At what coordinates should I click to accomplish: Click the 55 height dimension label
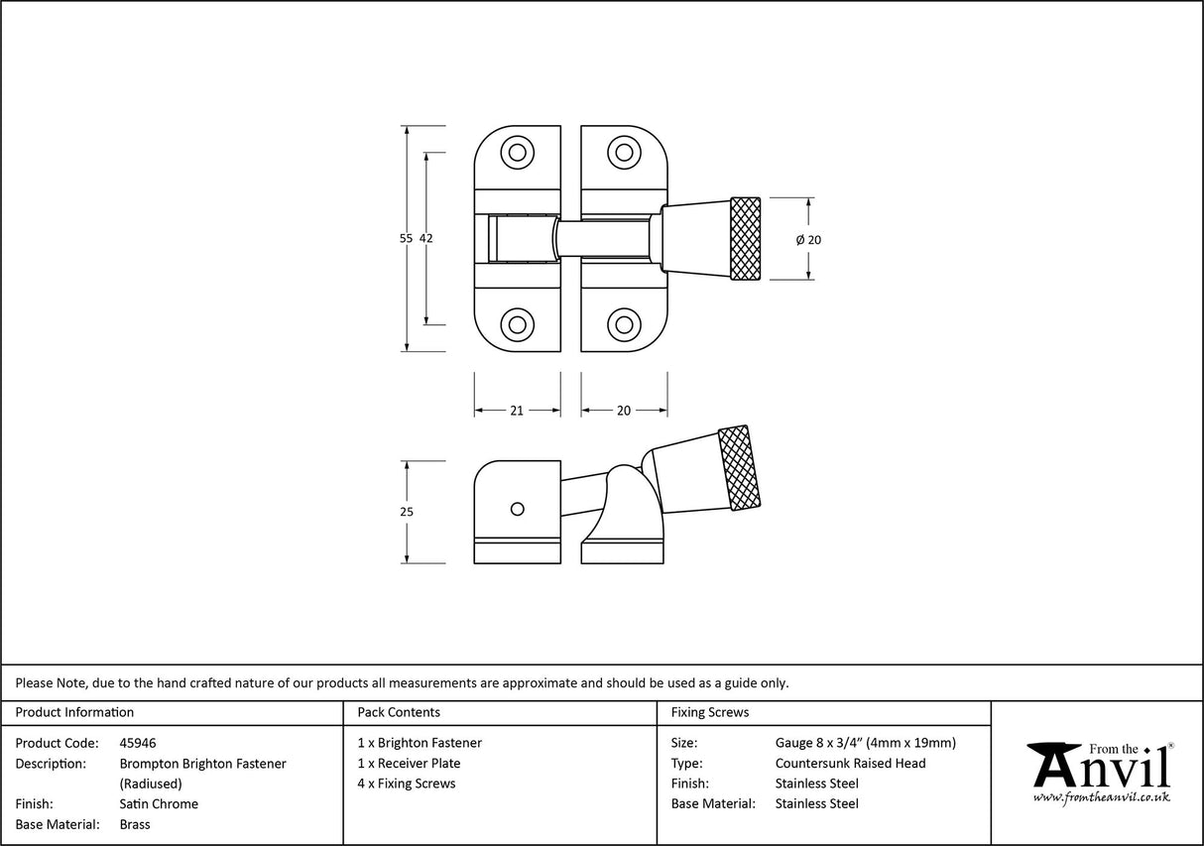[406, 238]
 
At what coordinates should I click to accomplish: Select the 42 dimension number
[426, 238]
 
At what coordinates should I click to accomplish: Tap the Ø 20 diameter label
[808, 239]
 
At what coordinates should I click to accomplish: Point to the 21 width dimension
[517, 411]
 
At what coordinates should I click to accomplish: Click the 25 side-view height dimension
[406, 512]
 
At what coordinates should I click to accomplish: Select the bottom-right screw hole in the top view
[623, 323]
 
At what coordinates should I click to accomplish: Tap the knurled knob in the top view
[746, 239]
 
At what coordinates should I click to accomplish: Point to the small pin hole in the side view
[516, 509]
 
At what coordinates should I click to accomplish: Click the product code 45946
[137, 743]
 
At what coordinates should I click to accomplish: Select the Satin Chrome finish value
[159, 804]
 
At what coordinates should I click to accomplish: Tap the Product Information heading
[74, 712]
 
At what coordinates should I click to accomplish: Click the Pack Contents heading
[399, 712]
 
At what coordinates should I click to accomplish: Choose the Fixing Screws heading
[710, 712]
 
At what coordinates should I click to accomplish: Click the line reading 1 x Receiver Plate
[409, 764]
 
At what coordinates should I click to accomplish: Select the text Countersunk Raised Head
[850, 764]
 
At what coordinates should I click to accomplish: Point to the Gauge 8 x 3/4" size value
[865, 743]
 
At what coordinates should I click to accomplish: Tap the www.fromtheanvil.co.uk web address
[1101, 796]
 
